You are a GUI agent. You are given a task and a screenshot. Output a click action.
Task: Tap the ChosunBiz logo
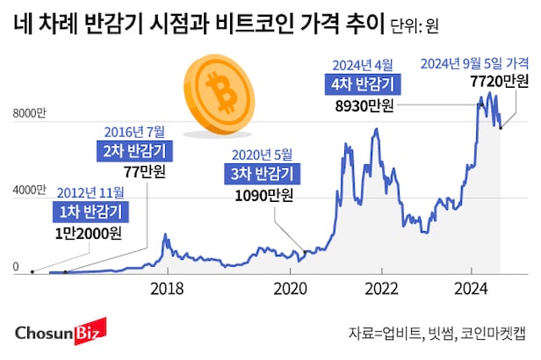[61, 332]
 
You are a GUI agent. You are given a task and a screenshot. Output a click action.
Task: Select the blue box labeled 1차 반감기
[89, 211]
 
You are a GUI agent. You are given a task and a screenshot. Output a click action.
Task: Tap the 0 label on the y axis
[14, 267]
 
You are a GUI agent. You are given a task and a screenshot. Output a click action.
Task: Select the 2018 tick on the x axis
[167, 287]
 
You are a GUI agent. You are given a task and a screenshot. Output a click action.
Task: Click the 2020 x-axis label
[290, 287]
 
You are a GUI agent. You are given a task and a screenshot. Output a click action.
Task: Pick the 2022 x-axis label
[383, 287]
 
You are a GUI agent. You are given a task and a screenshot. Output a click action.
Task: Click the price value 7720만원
[500, 82]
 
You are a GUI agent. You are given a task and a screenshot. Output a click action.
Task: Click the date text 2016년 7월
[134, 131]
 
